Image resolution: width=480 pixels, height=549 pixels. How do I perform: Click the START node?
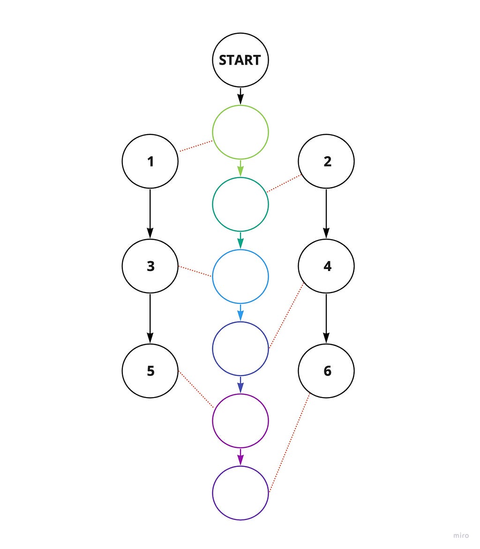240,60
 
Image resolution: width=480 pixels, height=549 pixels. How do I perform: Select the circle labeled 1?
150,162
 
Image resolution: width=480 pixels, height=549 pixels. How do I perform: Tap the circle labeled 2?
326,162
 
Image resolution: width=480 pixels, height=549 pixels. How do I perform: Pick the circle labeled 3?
150,266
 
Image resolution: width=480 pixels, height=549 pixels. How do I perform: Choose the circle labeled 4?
326,266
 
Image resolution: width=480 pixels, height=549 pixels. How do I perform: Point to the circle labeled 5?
150,371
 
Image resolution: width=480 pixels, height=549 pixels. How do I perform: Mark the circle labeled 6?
326,371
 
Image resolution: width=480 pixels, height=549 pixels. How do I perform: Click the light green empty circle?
240,132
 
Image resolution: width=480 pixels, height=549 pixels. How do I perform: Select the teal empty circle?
240,204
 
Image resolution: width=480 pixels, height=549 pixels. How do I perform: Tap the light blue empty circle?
240,277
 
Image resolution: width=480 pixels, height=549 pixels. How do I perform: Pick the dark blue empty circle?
240,348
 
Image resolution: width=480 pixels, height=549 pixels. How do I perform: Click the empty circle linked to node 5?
240,421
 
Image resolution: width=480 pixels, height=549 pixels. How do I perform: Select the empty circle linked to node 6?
240,492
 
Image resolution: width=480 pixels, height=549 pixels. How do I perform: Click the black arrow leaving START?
240,96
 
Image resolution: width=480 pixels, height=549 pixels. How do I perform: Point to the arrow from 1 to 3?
150,214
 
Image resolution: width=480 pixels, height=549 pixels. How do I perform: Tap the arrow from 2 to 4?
326,214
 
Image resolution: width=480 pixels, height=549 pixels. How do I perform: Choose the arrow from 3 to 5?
150,318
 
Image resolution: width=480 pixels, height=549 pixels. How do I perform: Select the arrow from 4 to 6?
326,318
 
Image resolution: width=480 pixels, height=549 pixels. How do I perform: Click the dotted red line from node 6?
289,444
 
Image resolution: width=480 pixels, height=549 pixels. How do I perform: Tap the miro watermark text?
461,535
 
